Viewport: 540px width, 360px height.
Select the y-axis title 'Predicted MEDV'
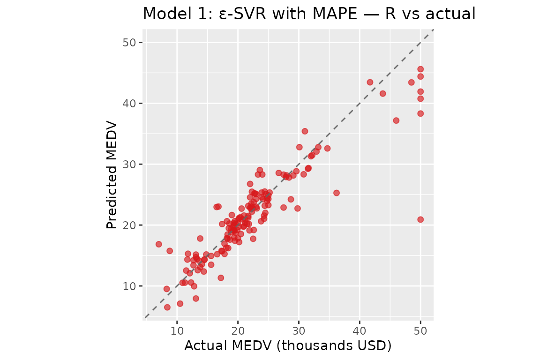click(112, 175)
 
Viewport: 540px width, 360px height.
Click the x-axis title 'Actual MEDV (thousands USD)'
click(288, 345)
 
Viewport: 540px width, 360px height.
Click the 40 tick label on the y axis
click(129, 103)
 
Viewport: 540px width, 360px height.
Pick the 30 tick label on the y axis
click(129, 165)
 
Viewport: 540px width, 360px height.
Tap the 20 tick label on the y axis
click(129, 225)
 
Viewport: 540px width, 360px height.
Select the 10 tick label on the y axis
click(129, 286)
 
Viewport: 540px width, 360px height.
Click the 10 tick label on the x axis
click(177, 331)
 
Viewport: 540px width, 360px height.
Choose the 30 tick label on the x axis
click(299, 331)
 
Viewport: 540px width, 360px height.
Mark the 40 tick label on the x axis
click(360, 331)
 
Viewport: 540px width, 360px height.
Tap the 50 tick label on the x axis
click(420, 331)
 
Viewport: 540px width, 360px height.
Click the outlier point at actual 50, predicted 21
click(420, 219)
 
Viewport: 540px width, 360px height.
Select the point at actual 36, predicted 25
click(337, 193)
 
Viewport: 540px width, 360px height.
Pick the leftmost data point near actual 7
click(159, 244)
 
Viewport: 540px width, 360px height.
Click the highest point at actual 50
click(420, 69)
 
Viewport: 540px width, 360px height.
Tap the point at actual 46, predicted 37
click(396, 120)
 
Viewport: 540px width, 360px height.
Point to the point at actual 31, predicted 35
click(305, 131)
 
